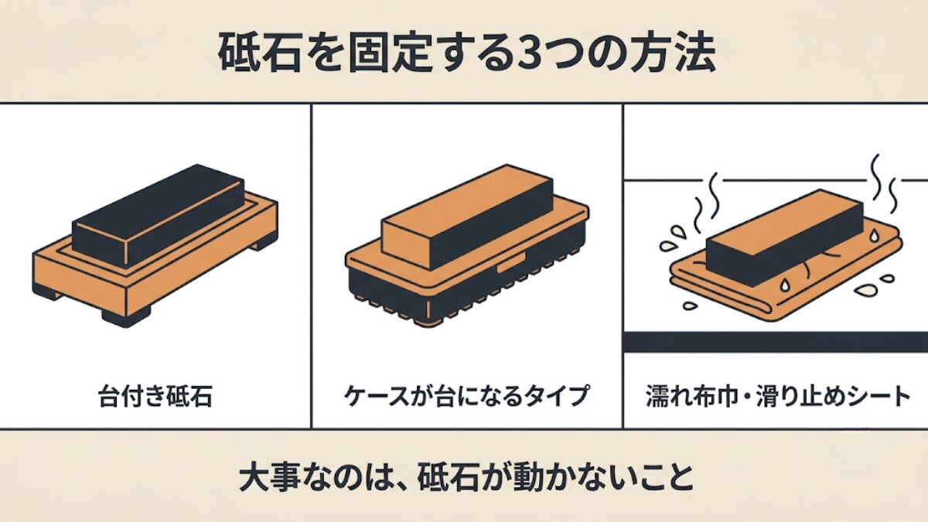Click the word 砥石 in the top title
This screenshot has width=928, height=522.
(x=260, y=54)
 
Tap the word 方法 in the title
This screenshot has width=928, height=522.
(x=674, y=54)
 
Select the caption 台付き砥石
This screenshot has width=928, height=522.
(x=155, y=396)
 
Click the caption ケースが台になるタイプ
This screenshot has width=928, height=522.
(x=466, y=396)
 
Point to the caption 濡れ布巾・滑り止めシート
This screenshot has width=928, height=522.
(x=778, y=396)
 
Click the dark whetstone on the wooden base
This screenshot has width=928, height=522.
(x=158, y=216)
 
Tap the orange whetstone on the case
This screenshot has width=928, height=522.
(x=467, y=217)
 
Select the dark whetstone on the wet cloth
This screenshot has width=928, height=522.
(x=785, y=238)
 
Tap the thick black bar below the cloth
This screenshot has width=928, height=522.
(x=776, y=342)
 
